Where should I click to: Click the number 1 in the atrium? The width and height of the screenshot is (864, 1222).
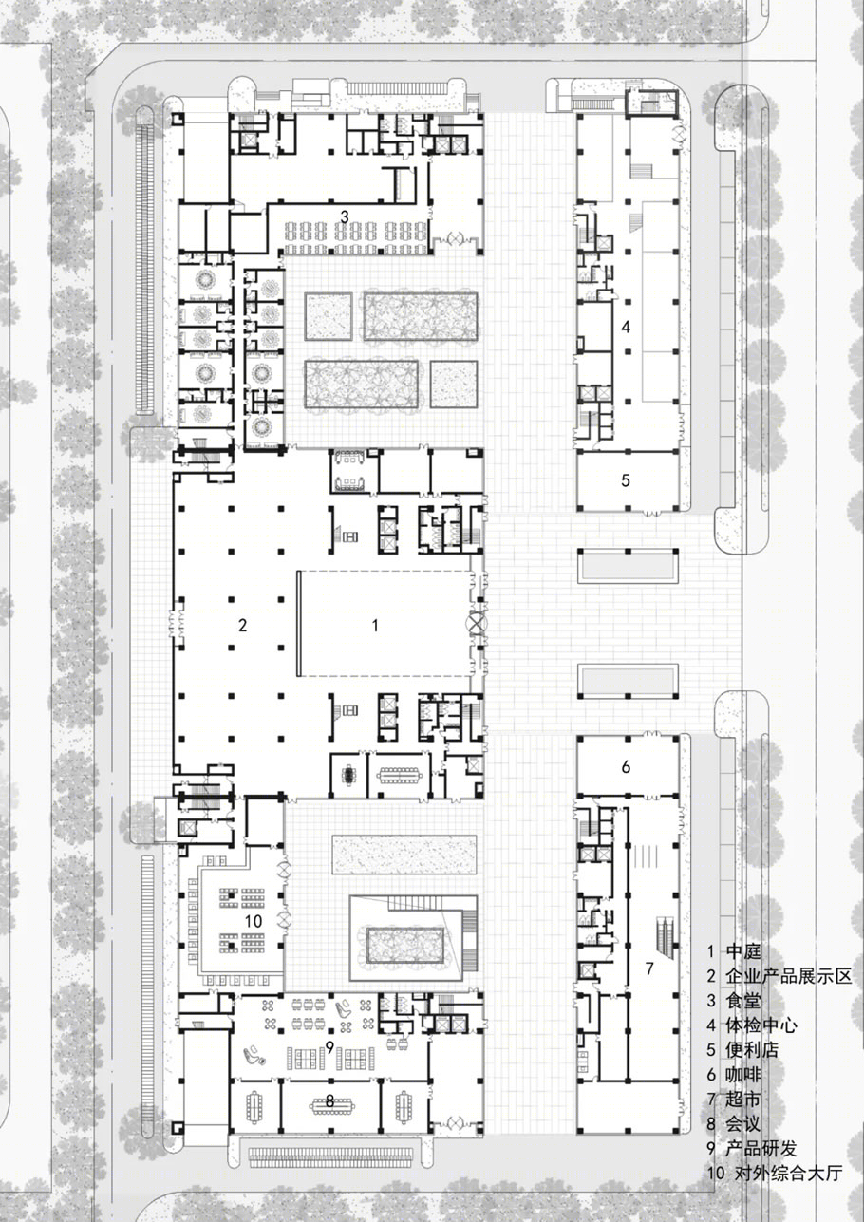[x=375, y=625]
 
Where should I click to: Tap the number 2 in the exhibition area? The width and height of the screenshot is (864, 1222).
[x=243, y=625]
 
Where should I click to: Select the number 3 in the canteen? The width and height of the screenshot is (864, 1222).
[x=345, y=216]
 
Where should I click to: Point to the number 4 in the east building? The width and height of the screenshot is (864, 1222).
[x=627, y=327]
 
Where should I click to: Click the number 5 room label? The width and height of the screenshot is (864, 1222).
[x=626, y=480]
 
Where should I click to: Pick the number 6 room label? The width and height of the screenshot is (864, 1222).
[x=626, y=766]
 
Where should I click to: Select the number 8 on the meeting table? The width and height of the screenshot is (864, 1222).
[x=329, y=1085]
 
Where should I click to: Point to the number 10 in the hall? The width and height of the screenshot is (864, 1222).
[x=254, y=921]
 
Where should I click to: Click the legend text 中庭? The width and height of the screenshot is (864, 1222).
[x=742, y=951]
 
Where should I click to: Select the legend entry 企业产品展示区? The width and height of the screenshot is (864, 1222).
[x=788, y=975]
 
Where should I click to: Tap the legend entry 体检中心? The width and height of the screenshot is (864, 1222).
[x=761, y=1025]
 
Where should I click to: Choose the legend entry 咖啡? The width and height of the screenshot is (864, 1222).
[x=742, y=1074]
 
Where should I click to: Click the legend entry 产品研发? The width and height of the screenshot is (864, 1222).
[x=761, y=1148]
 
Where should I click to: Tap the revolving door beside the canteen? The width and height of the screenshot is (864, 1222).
[x=455, y=239]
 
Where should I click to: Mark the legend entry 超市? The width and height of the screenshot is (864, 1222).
[x=742, y=1099]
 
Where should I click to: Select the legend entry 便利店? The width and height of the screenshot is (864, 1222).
[x=752, y=1049]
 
